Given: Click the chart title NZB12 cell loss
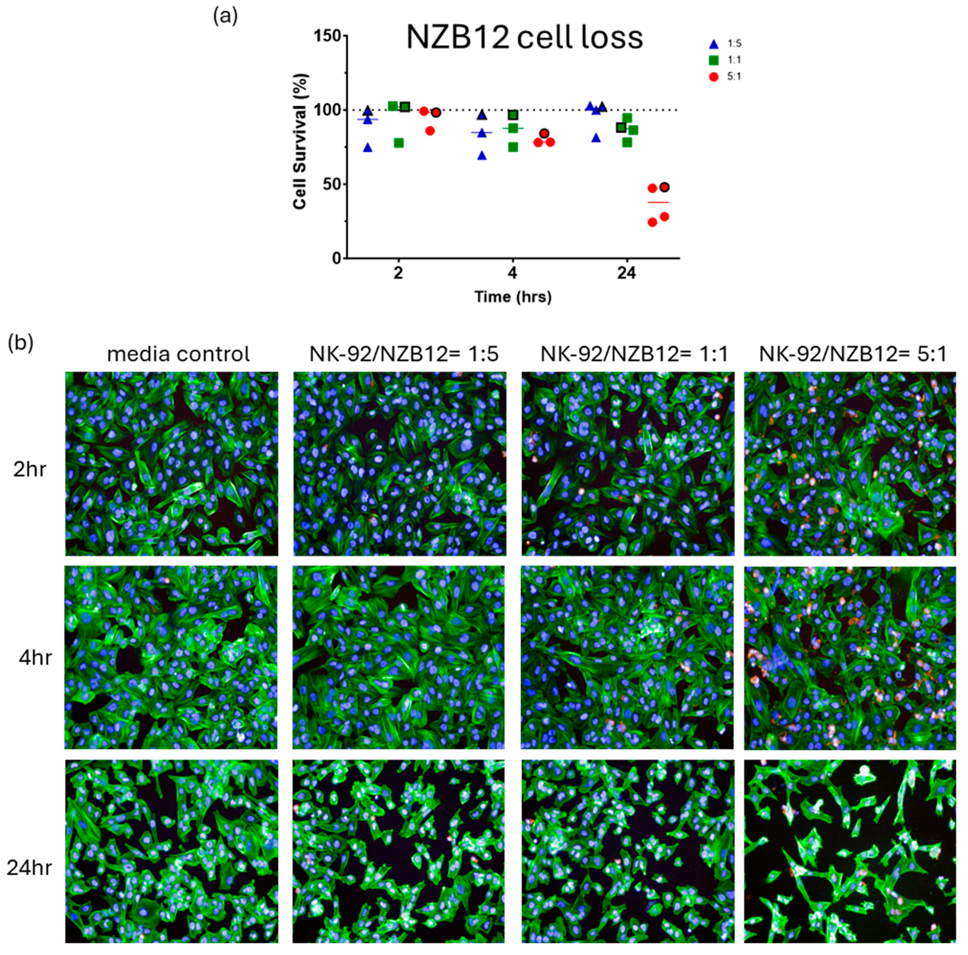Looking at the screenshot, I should (524, 37).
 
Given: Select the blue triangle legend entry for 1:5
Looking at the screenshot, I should (714, 44).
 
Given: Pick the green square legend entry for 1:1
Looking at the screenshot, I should (714, 61).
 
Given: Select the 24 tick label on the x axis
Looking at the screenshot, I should (626, 274).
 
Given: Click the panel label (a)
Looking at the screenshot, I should (225, 17).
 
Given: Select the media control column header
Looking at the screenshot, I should (178, 354).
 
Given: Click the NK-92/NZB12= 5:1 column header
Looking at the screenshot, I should (853, 354).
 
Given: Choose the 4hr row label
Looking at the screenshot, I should (35, 657).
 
